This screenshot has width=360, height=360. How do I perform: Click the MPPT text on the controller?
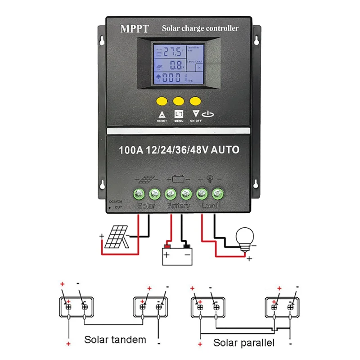coord(134,29)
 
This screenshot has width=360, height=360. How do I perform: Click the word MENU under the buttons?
coord(179,121)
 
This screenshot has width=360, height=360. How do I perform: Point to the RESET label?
coord(162,121)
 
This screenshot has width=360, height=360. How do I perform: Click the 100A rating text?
coord(130,150)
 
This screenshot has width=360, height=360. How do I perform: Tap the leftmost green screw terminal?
coord(139,194)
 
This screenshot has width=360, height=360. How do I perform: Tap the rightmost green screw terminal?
coord(218,194)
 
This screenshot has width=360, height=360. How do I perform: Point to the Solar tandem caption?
coord(115,339)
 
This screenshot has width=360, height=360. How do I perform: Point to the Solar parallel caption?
coord(243,343)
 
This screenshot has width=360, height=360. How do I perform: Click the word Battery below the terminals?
coord(179,206)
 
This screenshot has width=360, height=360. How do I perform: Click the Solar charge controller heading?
coord(200,29)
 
